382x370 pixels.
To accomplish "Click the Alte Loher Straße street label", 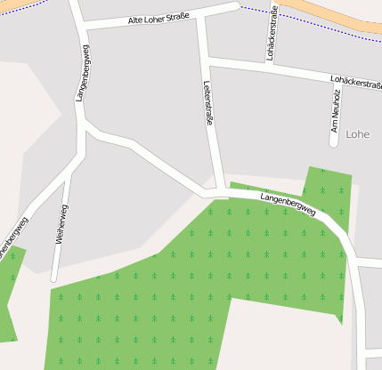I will pyautogui.click(x=159, y=18).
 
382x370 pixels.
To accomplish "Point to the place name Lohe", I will pyautogui.click(x=357, y=134).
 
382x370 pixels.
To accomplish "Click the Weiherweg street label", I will pyautogui.click(x=62, y=223).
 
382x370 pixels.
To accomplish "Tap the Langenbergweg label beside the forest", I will pyautogui.click(x=289, y=204).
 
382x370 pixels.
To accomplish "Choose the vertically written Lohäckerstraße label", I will pyautogui.click(x=271, y=33).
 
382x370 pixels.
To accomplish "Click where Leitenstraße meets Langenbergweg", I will pyautogui.click(x=217, y=192).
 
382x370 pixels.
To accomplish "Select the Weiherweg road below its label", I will pyautogui.click(x=55, y=262).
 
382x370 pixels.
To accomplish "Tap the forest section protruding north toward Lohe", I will pyautogui.click(x=327, y=187).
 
